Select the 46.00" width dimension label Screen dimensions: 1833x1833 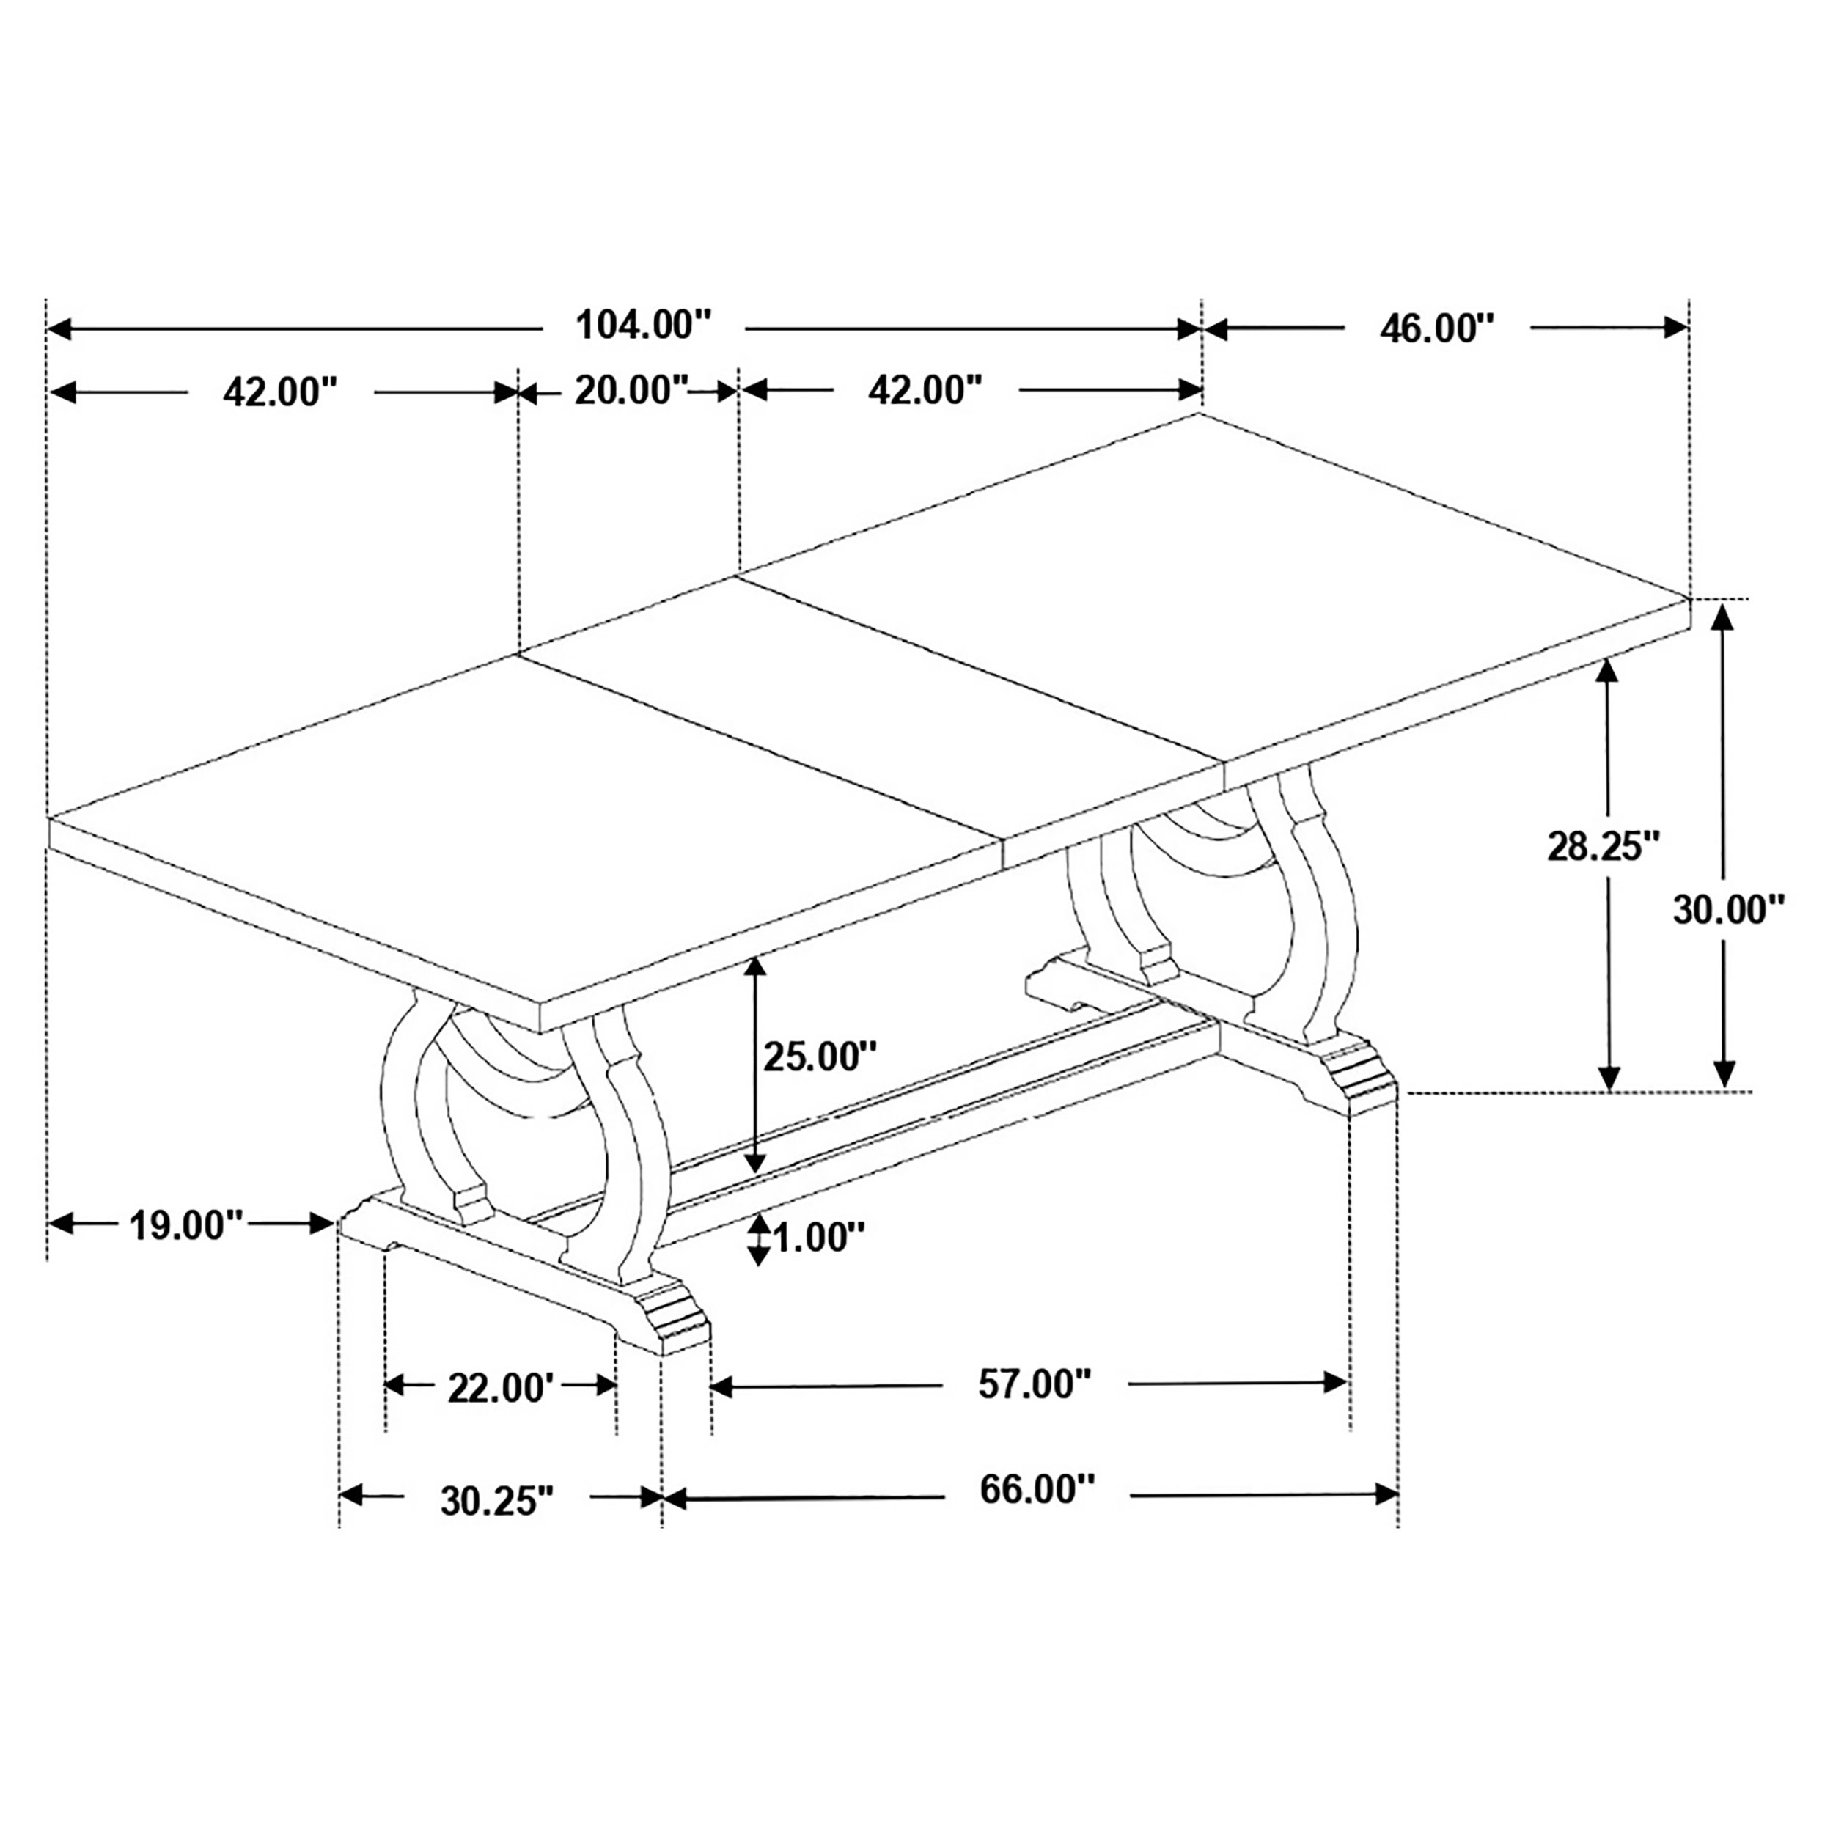pyautogui.click(x=1436, y=329)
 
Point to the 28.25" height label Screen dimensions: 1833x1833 pyautogui.click(x=1604, y=845)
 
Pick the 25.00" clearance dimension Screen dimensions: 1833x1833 pyautogui.click(x=820, y=1056)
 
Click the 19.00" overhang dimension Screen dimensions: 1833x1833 pyautogui.click(x=187, y=1225)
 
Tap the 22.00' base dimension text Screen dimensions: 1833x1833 pyautogui.click(x=500, y=1389)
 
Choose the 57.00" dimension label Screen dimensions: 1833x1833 pyautogui.click(x=1034, y=1384)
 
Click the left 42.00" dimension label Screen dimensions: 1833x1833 pyautogui.click(x=280, y=392)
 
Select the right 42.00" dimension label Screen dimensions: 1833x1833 pyautogui.click(x=925, y=390)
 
